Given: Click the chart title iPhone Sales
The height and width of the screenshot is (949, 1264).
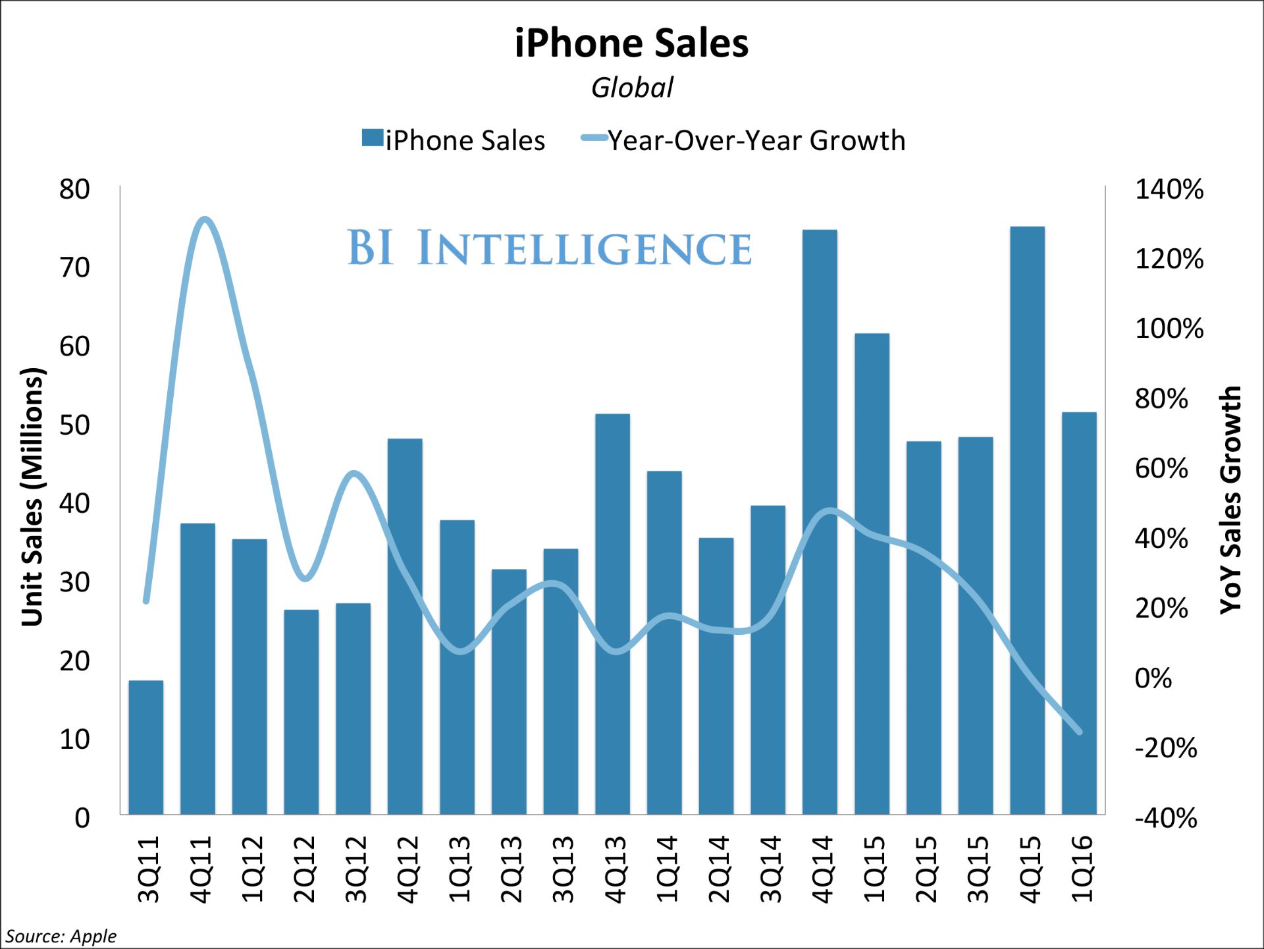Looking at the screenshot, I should tap(631, 43).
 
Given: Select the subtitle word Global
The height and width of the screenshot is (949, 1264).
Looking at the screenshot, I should tap(632, 88).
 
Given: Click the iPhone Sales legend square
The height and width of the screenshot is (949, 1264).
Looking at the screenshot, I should tap(373, 138).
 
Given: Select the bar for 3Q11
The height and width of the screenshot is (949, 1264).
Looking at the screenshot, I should tap(145, 747).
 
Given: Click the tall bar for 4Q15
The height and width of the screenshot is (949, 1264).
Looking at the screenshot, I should tap(1027, 520).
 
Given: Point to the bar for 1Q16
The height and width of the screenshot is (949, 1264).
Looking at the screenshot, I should tap(1079, 612).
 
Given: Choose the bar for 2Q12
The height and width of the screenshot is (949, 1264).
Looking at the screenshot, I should tap(301, 711).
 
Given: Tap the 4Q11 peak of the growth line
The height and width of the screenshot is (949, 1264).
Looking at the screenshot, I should tap(205, 219).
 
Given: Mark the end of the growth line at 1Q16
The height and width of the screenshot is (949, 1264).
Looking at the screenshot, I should tap(1079, 732).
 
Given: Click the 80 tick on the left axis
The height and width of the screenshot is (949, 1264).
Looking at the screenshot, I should tap(74, 190).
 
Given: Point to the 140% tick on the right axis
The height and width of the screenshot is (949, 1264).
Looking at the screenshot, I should tap(1169, 190).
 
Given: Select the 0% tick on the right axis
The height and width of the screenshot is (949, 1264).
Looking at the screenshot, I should tap(1153, 678).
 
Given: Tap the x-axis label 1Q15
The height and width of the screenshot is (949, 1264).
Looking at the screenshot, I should tap(874, 869).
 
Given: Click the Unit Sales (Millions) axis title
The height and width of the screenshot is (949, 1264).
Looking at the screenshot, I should tap(32, 497).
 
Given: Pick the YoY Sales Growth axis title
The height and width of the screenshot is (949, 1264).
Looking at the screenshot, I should tap(1230, 501).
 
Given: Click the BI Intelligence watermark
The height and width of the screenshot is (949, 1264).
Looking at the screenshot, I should tap(549, 248).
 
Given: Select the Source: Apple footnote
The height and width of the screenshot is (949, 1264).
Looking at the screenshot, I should tap(61, 936).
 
